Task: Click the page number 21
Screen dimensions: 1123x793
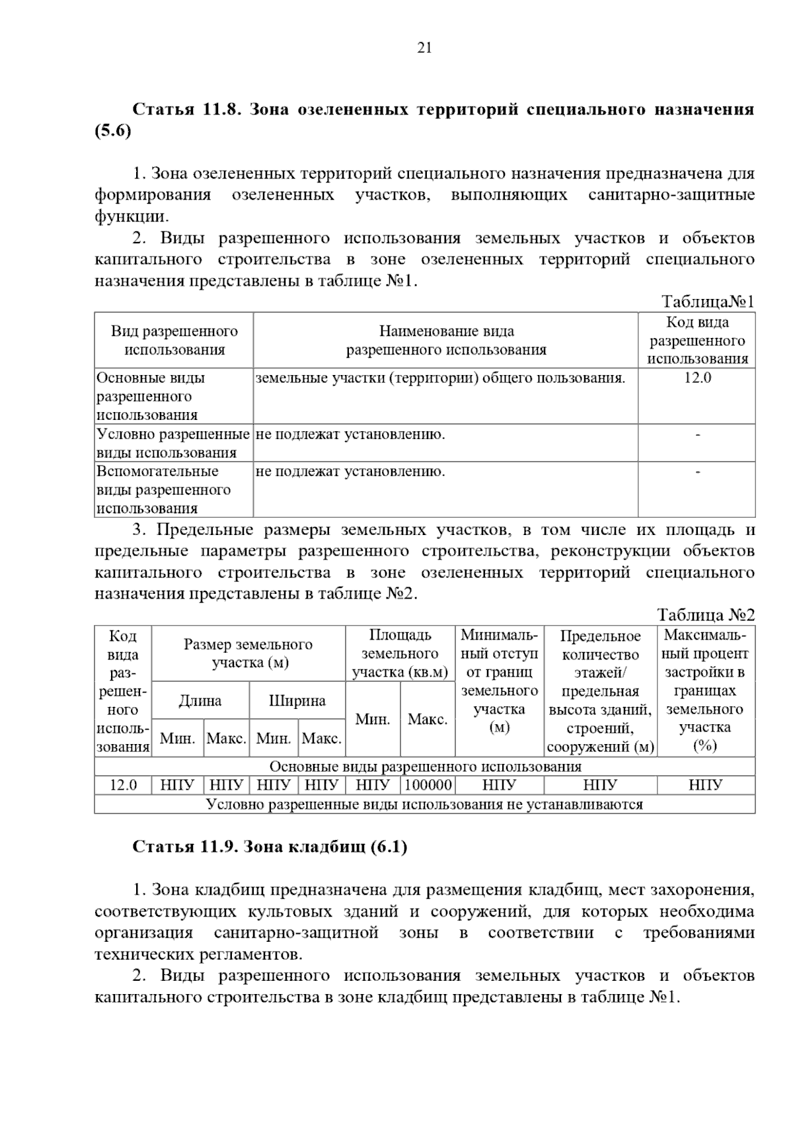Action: click(424, 48)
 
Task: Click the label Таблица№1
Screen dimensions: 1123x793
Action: click(708, 302)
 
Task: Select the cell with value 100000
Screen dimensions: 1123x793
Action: click(428, 785)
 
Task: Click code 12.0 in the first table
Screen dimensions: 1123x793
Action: click(697, 378)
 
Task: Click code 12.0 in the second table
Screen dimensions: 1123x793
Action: click(123, 785)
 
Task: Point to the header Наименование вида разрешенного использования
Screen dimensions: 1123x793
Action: click(446, 340)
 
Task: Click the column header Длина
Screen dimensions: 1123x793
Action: click(200, 701)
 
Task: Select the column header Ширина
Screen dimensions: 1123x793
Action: click(297, 701)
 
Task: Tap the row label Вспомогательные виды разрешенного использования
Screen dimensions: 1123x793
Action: click(163, 489)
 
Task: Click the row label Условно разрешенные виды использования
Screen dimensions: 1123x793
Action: click(173, 443)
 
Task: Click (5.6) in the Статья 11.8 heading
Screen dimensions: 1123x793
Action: click(113, 131)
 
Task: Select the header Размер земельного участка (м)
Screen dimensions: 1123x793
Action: click(248, 653)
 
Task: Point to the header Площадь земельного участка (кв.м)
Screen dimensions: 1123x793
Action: click(400, 653)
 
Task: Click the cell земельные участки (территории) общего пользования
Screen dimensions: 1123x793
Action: click(440, 378)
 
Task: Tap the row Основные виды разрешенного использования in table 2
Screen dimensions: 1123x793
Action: click(425, 767)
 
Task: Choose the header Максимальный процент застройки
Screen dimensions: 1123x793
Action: click(705, 690)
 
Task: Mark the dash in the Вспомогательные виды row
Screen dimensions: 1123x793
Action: click(697, 472)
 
